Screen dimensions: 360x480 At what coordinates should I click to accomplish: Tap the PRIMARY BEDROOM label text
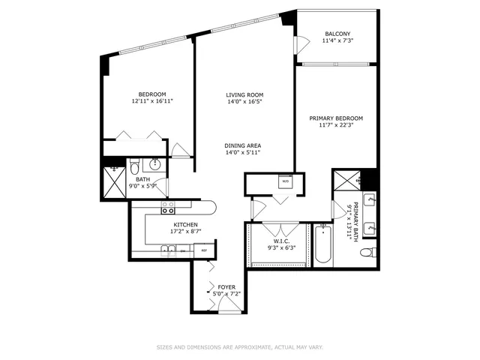[x=336, y=118]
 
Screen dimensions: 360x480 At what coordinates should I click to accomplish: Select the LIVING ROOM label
[x=244, y=94]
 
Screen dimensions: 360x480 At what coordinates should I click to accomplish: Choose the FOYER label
[x=226, y=286]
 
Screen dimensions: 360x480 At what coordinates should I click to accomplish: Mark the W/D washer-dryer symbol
[x=285, y=181]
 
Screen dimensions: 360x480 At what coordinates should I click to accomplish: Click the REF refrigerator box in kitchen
[x=204, y=250]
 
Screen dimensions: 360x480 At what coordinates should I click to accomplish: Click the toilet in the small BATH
[x=134, y=165]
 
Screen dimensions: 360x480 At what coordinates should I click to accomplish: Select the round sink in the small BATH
[x=156, y=165]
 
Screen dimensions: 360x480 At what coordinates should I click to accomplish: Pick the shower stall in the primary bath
[x=346, y=180]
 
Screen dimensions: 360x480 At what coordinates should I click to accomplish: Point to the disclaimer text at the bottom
[x=239, y=347]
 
